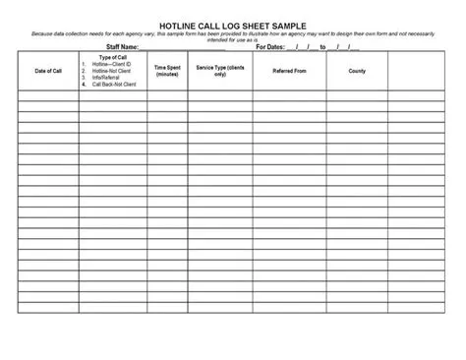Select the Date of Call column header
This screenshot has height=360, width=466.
[48, 71]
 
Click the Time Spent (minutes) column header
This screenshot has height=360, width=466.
[167, 71]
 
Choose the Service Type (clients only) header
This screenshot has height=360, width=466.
[220, 71]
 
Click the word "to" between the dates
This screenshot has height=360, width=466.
[322, 46]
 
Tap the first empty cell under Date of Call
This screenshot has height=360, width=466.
[48, 95]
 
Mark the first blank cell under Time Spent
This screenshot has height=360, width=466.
[167, 95]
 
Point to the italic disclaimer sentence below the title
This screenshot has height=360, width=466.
[232, 35]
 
